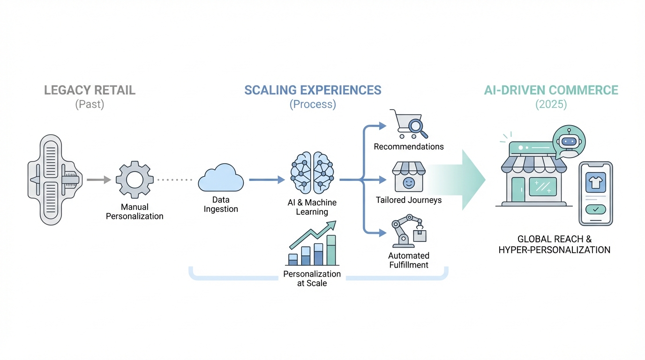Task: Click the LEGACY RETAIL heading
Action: coord(90,90)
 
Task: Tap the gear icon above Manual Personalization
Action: coord(135,180)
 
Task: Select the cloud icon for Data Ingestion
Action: coord(221,178)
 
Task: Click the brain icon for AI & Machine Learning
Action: coord(312,172)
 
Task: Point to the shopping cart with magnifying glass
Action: coord(409,124)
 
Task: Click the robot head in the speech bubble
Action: coord(569,142)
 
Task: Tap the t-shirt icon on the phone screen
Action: coord(595,181)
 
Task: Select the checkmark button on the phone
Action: coord(595,210)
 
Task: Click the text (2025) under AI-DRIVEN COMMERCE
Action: coord(551,104)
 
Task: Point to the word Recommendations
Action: coord(409,147)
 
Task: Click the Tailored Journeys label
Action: coord(409,200)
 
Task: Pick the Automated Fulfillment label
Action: coord(409,260)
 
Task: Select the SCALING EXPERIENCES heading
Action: coord(313,90)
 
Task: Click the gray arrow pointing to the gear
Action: coord(99,180)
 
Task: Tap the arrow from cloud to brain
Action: coord(267,180)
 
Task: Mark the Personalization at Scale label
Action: coord(312,278)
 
